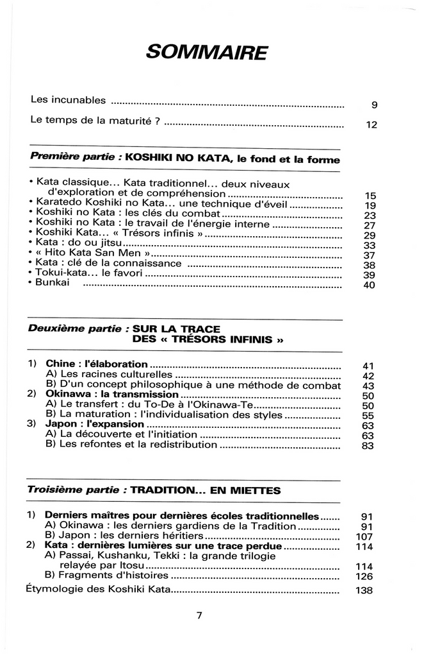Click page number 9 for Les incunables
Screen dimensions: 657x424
click(x=374, y=106)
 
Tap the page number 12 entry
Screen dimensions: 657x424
click(x=371, y=126)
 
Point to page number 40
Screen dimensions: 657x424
click(x=368, y=286)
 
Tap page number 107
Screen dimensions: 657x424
click(x=364, y=536)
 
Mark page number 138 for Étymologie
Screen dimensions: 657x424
click(x=364, y=591)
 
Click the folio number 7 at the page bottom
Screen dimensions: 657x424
click(x=199, y=616)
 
